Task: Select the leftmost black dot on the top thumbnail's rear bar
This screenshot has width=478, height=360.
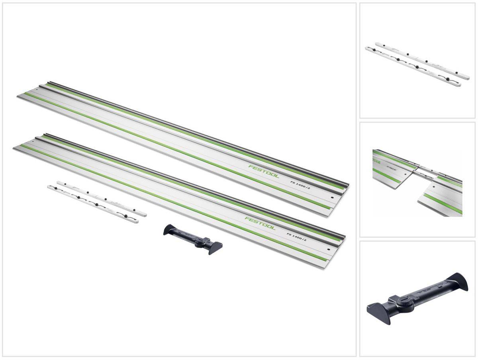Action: pyautogui.click(x=381, y=46)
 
